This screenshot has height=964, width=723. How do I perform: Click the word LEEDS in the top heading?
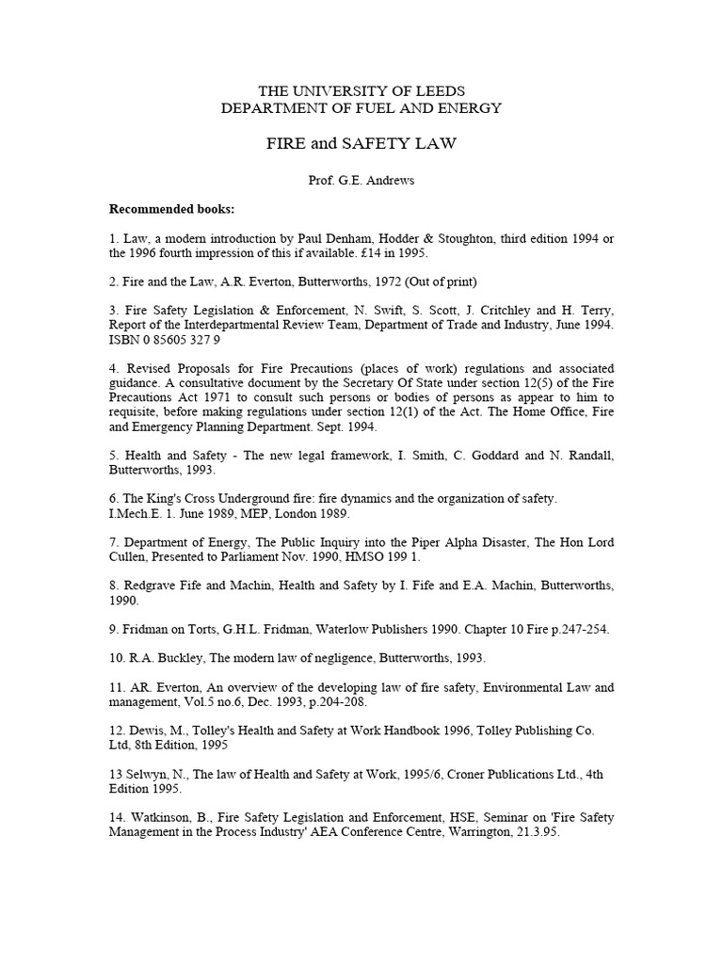(x=442, y=90)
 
